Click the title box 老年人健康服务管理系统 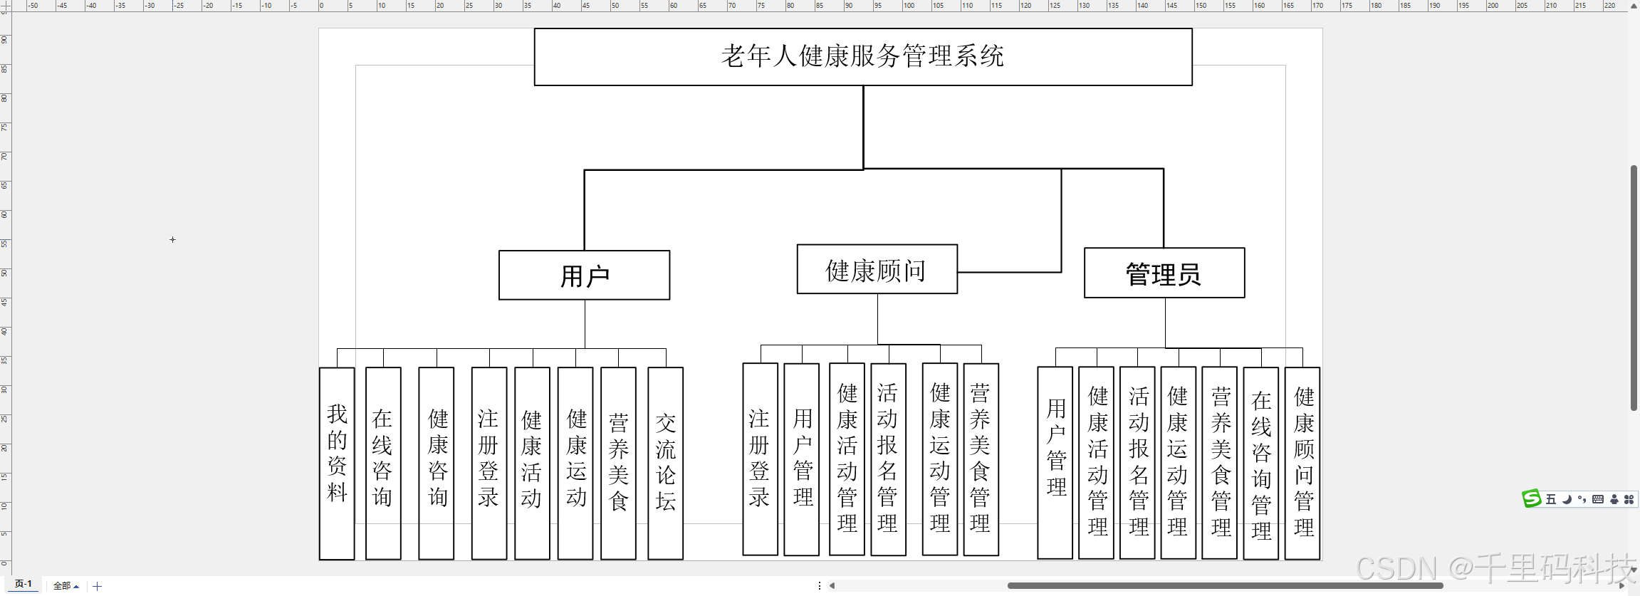863,57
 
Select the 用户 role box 584,276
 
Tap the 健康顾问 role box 877,270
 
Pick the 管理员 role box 1164,273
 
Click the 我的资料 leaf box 337,463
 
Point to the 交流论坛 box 666,463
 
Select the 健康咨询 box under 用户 437,463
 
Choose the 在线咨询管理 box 1261,463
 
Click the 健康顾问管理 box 1303,463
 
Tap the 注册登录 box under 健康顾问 760,459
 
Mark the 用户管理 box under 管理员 1055,463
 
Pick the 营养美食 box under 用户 618,463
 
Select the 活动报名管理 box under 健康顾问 888,459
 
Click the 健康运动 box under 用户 575,463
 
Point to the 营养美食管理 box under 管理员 1220,463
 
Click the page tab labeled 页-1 23,584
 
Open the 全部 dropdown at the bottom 66,586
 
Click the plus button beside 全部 98,586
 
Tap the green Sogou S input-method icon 1531,498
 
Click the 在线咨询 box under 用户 383,463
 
